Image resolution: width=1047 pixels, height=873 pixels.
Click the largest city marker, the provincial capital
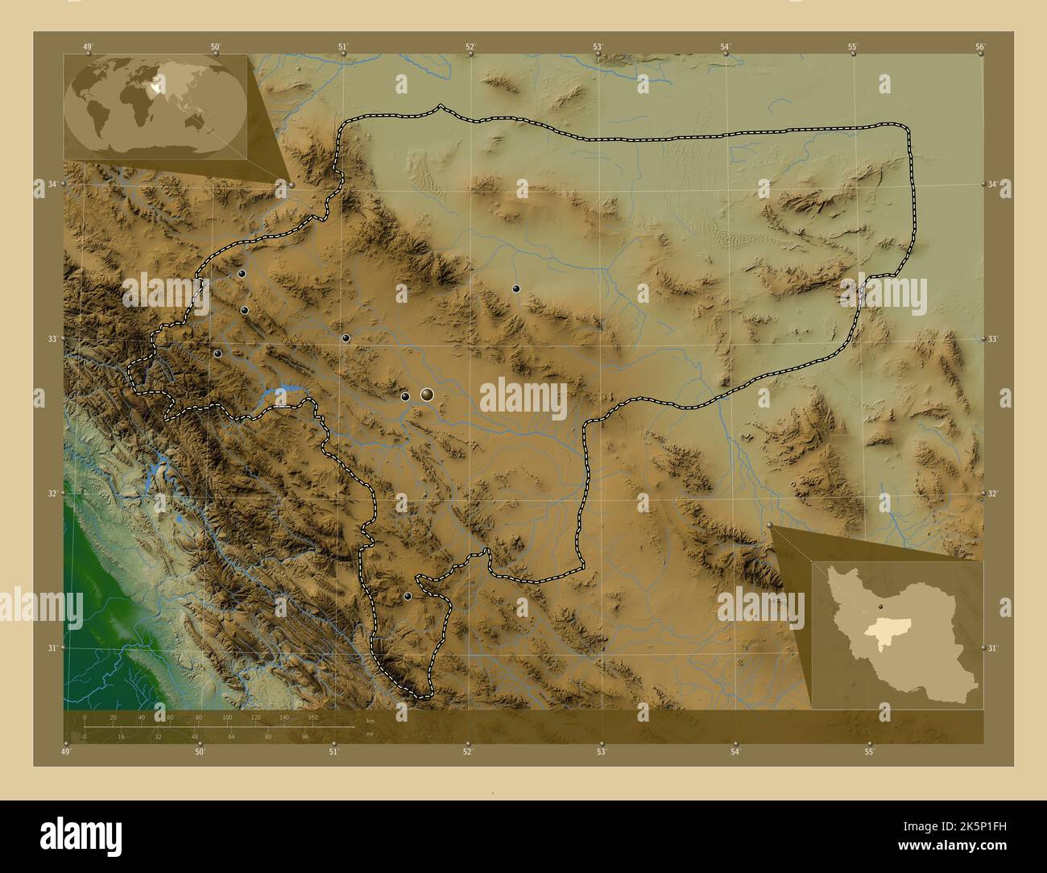pos(427,394)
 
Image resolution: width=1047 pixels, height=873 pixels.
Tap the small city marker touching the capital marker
pos(405,396)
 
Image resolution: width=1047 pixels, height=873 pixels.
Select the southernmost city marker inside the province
pos(408,596)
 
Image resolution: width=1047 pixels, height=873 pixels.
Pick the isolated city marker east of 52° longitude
pos(516,288)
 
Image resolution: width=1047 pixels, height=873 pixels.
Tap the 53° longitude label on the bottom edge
pos(601,752)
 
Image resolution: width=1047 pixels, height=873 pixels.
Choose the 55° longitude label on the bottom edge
pos(869,752)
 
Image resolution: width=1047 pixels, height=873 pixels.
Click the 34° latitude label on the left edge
pos(52,184)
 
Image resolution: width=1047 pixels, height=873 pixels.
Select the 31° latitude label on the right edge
pos(994,648)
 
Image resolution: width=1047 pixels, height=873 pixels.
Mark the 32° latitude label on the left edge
pos(52,493)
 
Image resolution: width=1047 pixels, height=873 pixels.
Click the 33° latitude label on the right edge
pos(994,339)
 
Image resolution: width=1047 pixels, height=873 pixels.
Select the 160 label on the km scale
pos(312,717)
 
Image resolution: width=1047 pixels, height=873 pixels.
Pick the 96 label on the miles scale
pos(305,736)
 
